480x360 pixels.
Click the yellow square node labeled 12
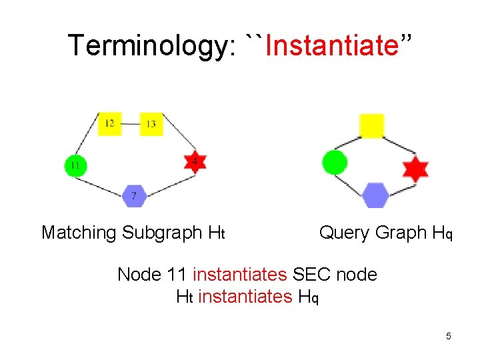110,123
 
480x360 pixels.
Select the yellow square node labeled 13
151,124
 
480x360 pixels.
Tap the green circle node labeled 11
75,165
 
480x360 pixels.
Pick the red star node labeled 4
194,161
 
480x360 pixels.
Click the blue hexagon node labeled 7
135,195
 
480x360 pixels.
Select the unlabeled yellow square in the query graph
371,126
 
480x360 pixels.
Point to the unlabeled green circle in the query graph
334,162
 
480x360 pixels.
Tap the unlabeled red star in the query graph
415,169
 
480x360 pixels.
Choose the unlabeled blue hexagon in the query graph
375,195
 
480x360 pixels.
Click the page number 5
449,336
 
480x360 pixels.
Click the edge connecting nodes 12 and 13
131,124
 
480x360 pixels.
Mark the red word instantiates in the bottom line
245,296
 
